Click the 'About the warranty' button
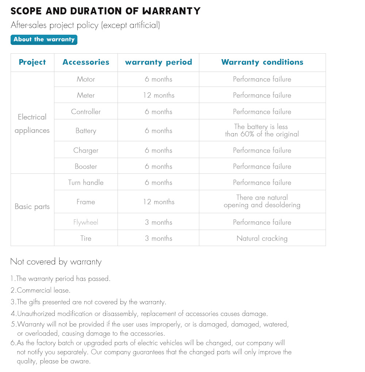click(44, 39)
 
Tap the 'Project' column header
click(32, 62)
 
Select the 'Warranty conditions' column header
click(262, 62)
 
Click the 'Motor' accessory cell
click(86, 79)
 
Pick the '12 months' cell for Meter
click(158, 95)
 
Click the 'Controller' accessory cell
click(86, 112)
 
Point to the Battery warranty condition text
click(262, 130)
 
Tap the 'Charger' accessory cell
click(86, 150)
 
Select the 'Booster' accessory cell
click(86, 166)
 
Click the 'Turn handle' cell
click(86, 183)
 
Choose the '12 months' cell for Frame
click(158, 202)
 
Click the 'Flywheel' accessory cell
click(86, 222)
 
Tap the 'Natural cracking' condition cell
click(262, 238)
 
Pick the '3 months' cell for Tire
click(158, 238)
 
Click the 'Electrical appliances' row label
click(32, 124)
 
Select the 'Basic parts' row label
click(32, 207)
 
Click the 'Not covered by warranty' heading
click(56, 262)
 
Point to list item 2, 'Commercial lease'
click(40, 291)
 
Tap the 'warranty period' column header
click(158, 62)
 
